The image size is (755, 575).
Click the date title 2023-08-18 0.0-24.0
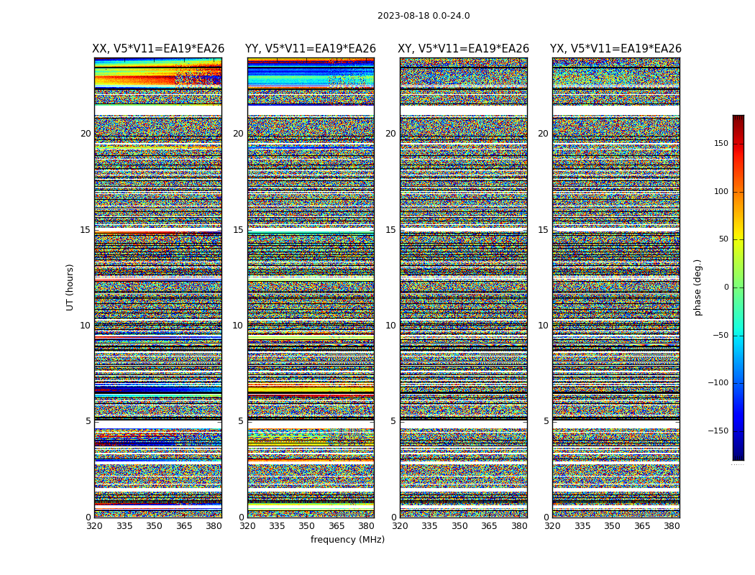tap(424, 16)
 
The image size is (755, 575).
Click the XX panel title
tap(158, 49)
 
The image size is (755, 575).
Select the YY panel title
tap(311, 49)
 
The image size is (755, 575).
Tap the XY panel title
tap(464, 49)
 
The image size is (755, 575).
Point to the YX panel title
tap(616, 49)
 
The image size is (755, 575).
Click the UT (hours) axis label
tap(70, 287)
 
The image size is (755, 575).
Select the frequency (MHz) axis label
tap(347, 540)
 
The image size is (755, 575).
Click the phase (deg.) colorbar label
tap(697, 287)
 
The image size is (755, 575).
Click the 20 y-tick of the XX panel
tap(86, 134)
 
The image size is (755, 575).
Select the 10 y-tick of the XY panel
tap(390, 326)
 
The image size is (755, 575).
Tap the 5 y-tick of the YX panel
tap(546, 421)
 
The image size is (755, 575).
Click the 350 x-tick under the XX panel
tap(154, 526)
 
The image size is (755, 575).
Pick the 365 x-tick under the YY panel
tap(337, 526)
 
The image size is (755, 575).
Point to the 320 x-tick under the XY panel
tap(401, 526)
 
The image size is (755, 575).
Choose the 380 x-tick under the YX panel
tap(672, 526)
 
